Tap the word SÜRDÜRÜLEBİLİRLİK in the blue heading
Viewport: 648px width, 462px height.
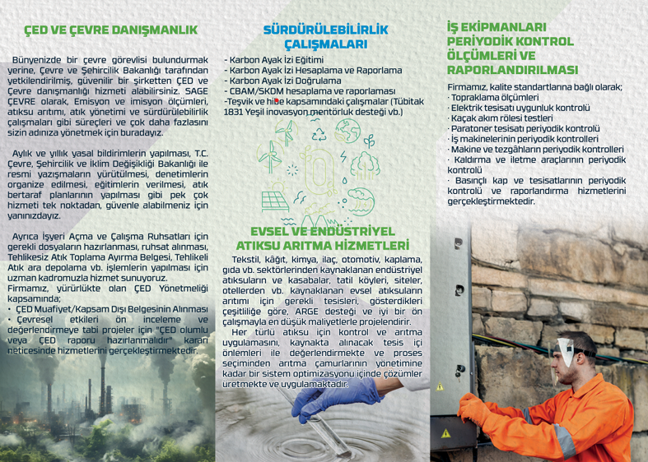pos(325,30)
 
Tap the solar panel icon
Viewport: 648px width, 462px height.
pos(276,200)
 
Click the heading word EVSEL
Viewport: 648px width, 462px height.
pos(275,232)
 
